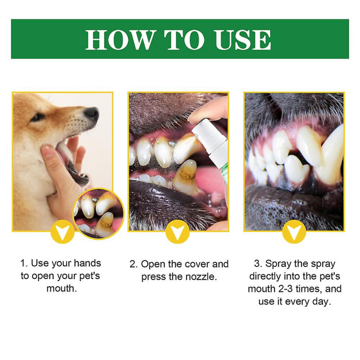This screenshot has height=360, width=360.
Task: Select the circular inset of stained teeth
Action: [98, 213]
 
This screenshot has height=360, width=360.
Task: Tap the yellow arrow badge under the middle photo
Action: [178, 232]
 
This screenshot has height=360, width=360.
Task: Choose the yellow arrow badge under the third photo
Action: [294, 232]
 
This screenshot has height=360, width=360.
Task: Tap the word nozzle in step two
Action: [202, 277]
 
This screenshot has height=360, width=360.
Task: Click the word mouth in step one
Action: [62, 288]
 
